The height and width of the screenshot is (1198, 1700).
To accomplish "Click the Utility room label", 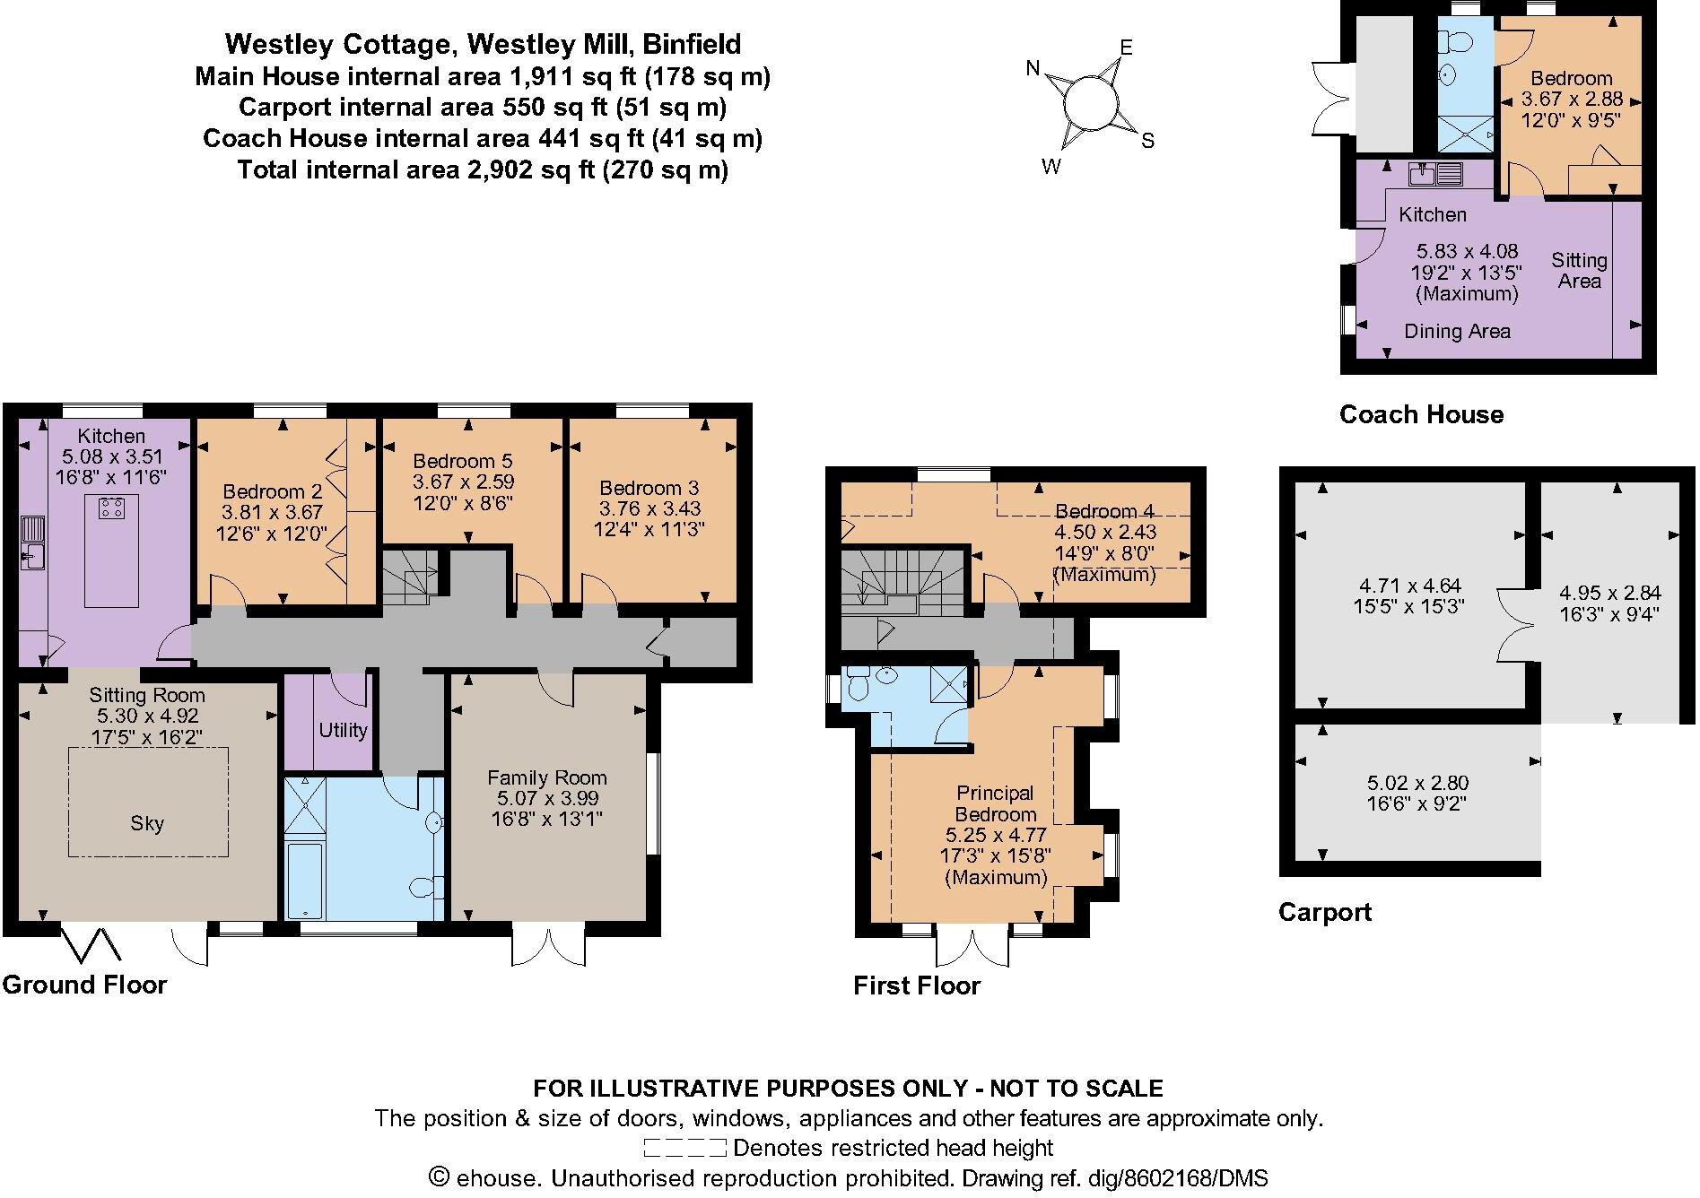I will (x=343, y=730).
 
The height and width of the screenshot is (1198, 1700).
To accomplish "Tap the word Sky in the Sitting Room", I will (x=147, y=823).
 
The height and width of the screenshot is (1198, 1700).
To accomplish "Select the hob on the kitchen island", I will (x=112, y=508).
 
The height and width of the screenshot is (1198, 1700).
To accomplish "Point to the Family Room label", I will (x=546, y=777).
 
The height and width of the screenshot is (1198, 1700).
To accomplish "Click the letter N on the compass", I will (x=1033, y=68).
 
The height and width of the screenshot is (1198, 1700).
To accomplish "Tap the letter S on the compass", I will (x=1147, y=141).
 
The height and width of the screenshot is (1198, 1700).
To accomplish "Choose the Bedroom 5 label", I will (x=462, y=461).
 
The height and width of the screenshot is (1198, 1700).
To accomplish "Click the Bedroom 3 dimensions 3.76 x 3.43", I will (x=649, y=508).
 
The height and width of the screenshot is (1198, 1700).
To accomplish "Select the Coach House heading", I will (x=1421, y=414).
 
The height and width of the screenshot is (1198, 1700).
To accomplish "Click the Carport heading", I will (x=1324, y=912).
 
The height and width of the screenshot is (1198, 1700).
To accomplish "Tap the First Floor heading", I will (x=916, y=985).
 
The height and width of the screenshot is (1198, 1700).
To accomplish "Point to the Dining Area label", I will (x=1457, y=331).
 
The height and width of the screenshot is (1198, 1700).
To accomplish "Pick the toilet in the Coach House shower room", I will (x=1455, y=43).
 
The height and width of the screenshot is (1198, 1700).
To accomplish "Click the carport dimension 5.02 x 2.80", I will (x=1417, y=783).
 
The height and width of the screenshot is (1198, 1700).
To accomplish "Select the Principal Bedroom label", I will (x=995, y=803).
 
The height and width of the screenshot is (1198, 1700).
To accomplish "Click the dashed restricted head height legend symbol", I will (x=684, y=1148).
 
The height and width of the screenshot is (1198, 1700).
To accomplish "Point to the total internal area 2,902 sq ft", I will (x=482, y=169).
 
